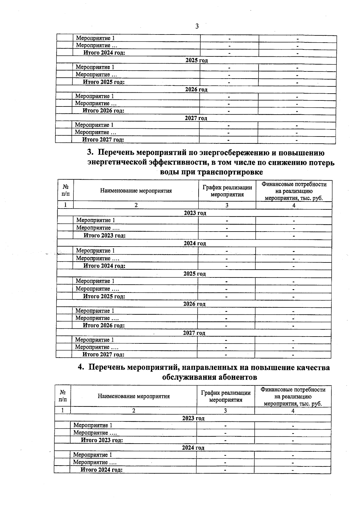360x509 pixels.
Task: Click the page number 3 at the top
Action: pos(197,26)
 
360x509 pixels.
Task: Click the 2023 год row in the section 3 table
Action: pos(195,213)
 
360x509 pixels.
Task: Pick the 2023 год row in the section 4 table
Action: pos(193,418)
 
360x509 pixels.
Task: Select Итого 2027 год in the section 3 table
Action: pos(103,355)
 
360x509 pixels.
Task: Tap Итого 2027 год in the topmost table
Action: pos(103,139)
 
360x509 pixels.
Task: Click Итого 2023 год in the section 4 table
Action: pos(102,440)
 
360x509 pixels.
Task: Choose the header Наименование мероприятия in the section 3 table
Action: pos(136,190)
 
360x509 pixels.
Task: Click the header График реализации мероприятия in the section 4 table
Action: pos(226,396)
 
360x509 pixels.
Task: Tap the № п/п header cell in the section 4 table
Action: pos(63,396)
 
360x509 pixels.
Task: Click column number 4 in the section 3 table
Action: pos(294,205)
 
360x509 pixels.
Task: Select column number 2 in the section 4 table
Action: pos(134,411)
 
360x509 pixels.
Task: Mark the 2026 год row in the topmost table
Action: pos(196,89)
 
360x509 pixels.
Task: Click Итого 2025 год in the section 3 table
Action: pos(104,296)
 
